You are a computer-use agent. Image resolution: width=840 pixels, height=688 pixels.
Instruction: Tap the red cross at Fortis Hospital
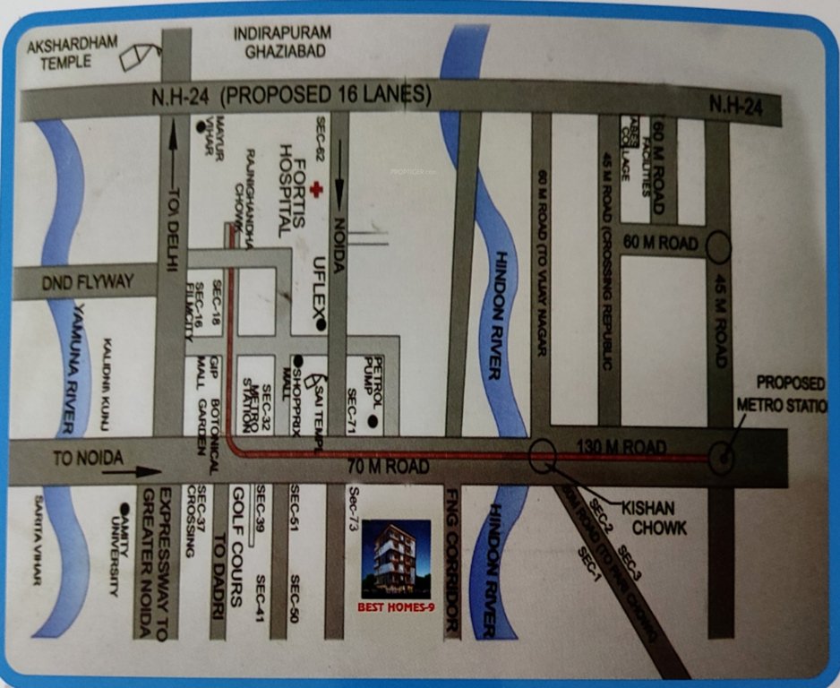coord(314,191)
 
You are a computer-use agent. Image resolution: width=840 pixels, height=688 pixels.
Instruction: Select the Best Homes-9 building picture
coord(395,559)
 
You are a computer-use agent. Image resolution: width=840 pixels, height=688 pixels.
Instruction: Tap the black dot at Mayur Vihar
coord(200,128)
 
